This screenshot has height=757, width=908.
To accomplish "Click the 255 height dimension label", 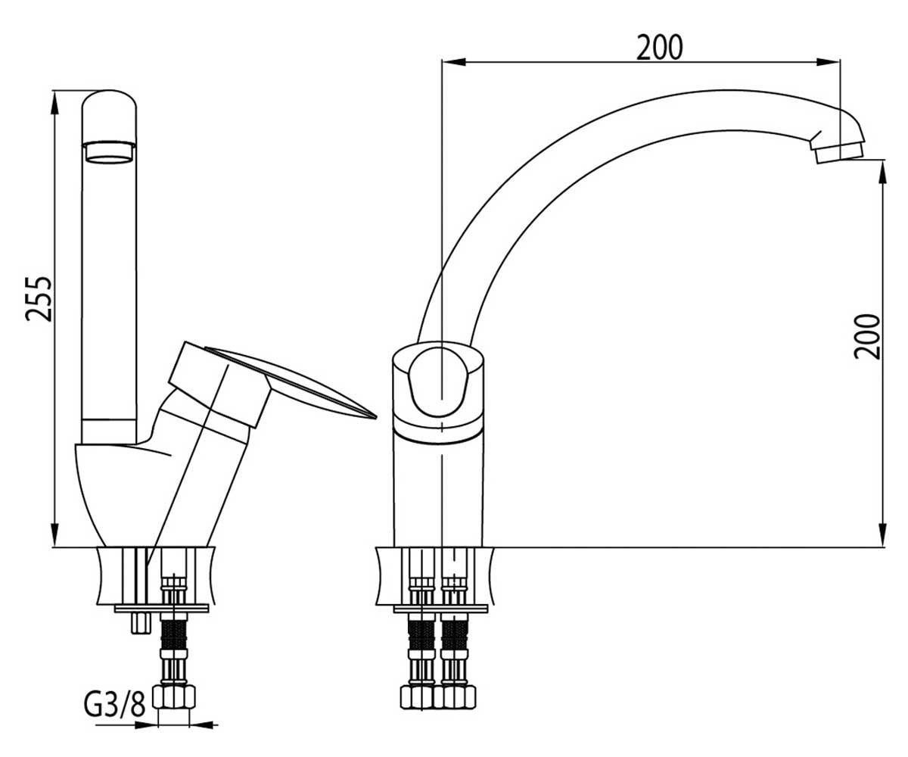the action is click(x=39, y=299).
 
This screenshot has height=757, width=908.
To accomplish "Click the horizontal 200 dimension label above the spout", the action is click(x=659, y=48).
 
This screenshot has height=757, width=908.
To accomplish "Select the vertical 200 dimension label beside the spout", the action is click(x=866, y=336).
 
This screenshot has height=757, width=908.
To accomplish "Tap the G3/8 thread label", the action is click(x=114, y=702).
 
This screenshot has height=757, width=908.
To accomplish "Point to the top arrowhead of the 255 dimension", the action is click(x=54, y=103).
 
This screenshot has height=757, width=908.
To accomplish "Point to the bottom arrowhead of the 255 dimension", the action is click(x=54, y=534).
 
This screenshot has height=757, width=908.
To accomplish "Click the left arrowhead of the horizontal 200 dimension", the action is click(x=453, y=62).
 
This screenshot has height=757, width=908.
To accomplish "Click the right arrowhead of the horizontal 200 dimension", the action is click(x=828, y=62).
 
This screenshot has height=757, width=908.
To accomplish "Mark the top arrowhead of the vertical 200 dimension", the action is click(x=882, y=173).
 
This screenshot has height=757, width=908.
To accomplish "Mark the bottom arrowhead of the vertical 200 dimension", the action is click(x=882, y=534).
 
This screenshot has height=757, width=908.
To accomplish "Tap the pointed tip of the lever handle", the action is click(x=375, y=416).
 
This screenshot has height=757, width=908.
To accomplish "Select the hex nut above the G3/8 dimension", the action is click(x=174, y=697).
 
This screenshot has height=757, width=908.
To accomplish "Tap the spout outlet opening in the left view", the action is click(x=109, y=152).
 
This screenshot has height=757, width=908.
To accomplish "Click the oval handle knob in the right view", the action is click(x=439, y=382).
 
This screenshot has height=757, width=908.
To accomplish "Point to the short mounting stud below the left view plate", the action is click(x=141, y=624).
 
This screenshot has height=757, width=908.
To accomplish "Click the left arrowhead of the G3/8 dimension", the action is click(x=146, y=725).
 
